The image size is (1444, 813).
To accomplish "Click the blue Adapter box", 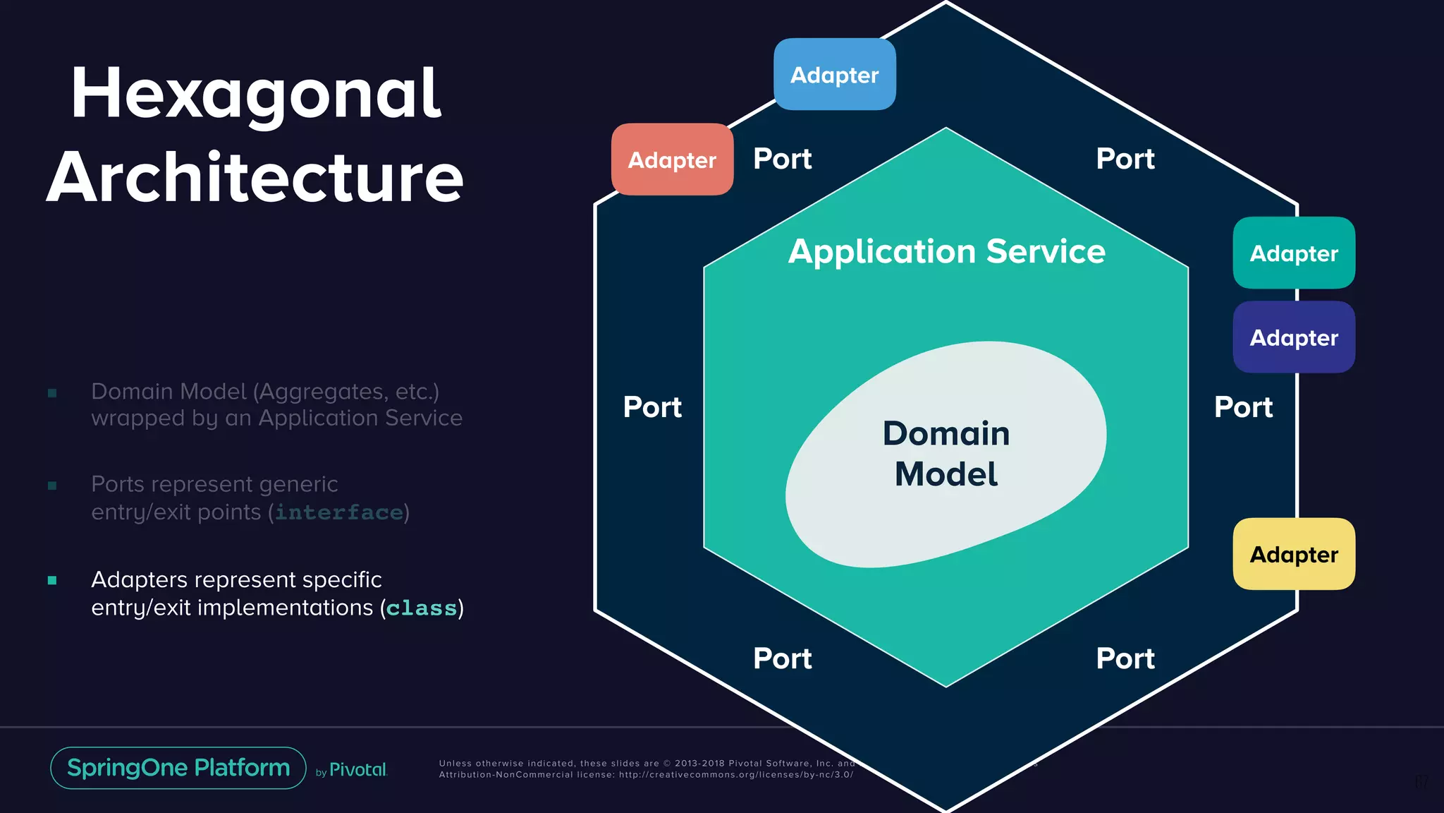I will point(835,75).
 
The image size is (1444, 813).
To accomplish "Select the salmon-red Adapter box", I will point(672,160).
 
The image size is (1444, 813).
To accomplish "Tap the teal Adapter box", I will point(1294,253).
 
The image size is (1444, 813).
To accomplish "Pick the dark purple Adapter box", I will point(1294,338).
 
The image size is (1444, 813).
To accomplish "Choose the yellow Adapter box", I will point(1294,555).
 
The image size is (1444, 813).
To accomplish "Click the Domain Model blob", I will point(946,454).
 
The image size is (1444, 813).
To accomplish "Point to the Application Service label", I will point(946,252).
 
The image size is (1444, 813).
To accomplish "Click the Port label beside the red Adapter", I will point(782,159).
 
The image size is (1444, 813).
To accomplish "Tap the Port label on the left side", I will point(652,407).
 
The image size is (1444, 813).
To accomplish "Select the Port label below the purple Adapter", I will point(1243,407).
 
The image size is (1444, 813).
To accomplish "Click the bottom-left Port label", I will point(782,658).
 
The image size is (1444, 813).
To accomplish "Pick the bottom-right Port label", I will point(1125,658).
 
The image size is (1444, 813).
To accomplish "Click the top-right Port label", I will point(1125,159).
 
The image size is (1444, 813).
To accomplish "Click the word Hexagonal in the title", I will point(255,94).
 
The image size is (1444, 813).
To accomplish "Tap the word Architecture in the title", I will point(255,178).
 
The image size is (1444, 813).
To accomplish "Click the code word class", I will point(422,608).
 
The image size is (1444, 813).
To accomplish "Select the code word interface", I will point(338,512).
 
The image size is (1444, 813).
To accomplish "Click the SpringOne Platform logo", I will point(178,768).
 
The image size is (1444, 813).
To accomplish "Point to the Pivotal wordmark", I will point(357,770).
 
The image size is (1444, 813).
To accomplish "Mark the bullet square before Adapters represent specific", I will point(52,581).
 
